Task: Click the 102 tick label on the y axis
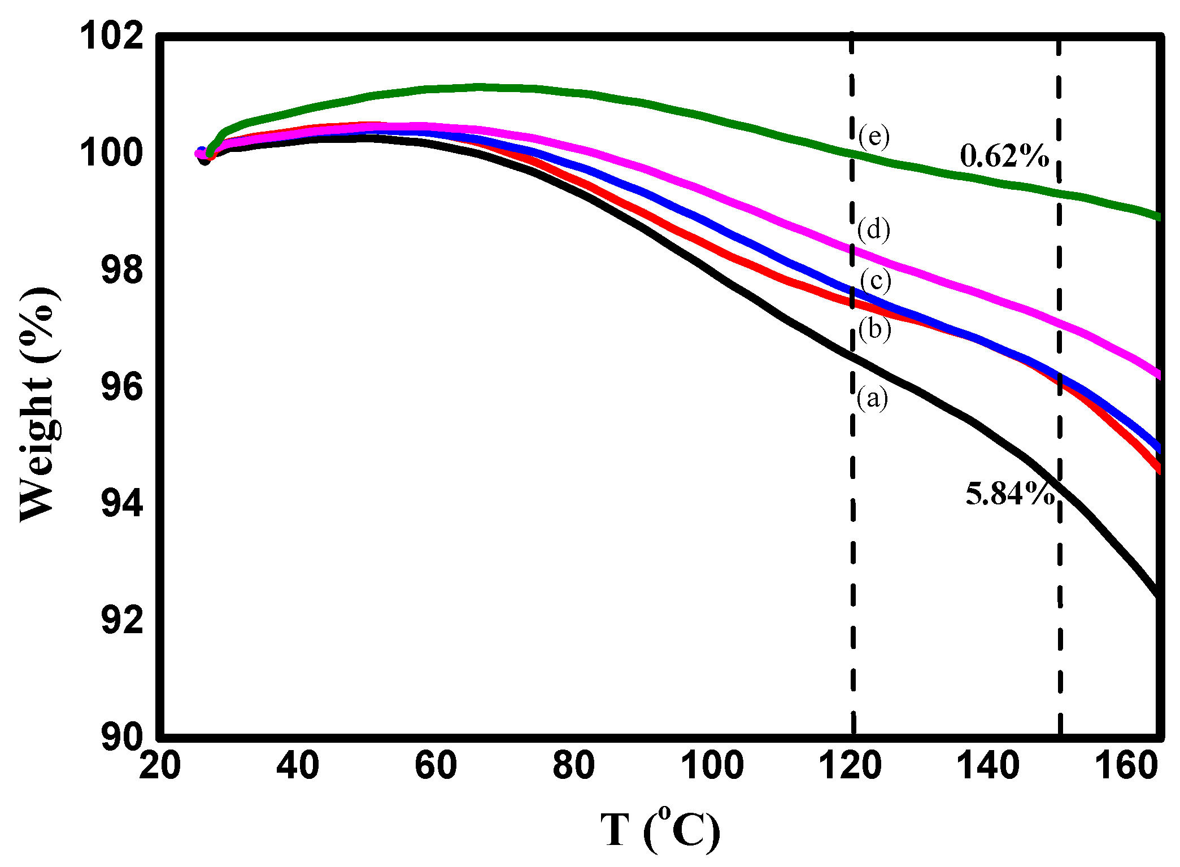(111, 37)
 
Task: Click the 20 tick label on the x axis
(160, 766)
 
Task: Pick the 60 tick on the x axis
(436, 766)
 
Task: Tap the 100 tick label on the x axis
(712, 766)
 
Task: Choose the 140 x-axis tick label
(988, 766)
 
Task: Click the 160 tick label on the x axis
(1126, 766)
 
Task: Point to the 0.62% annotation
(1004, 156)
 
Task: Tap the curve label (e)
(874, 137)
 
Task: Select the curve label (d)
(874, 230)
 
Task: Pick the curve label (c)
(876, 281)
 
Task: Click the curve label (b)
(875, 329)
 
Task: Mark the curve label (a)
(872, 399)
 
